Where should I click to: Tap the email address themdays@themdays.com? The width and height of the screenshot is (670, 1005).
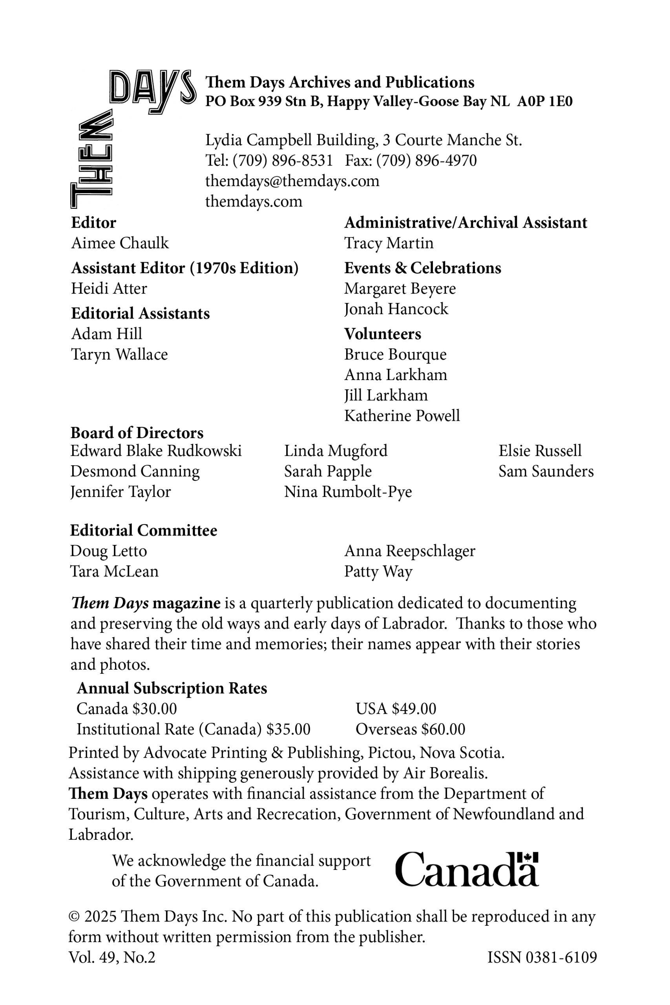coord(292,181)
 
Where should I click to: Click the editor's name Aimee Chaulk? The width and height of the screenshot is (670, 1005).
coord(120,243)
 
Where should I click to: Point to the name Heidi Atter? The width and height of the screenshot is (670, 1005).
coord(109,289)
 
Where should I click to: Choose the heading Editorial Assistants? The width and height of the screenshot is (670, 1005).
coord(140,313)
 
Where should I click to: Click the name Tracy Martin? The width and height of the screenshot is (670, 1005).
coord(389,243)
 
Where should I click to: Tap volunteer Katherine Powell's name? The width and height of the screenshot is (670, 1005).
coord(402,416)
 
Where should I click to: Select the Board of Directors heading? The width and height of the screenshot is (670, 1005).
coord(137,433)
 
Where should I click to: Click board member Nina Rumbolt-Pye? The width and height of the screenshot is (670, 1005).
coord(348,492)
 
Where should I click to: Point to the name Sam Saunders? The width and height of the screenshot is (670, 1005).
coord(546,471)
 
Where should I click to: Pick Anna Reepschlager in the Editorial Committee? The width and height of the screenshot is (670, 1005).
coord(409,551)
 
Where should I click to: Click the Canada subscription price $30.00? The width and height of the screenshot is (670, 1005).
coord(154,709)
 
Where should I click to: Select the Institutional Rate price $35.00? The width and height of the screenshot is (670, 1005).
coord(288,729)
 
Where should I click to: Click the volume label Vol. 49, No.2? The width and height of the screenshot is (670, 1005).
coord(112,957)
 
